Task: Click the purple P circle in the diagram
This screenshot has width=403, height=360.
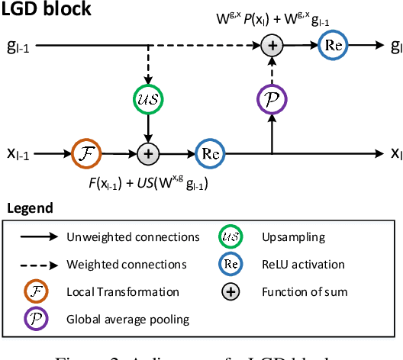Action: click(273, 100)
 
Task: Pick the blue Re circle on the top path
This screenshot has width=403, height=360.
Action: click(334, 46)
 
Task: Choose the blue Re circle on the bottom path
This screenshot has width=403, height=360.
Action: click(210, 153)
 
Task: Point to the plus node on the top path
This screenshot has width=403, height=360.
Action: click(273, 47)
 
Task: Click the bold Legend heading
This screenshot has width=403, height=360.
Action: click(30, 207)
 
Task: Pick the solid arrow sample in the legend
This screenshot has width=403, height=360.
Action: click(36, 236)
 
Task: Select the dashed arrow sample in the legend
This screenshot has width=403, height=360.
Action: click(36, 264)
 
